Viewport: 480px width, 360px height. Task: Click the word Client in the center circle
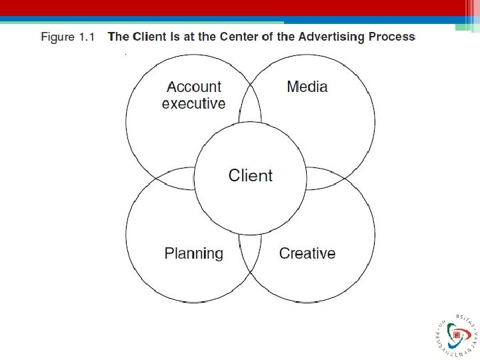click(250, 175)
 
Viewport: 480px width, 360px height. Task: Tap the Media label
click(307, 87)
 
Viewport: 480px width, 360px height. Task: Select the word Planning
click(193, 254)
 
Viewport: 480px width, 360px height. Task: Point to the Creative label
click(307, 253)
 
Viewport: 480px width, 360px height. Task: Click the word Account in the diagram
click(193, 87)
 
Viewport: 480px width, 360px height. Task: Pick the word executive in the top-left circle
click(193, 103)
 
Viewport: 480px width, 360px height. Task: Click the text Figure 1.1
click(67, 37)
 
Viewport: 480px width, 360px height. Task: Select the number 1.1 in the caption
click(87, 37)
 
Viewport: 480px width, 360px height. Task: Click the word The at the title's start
click(119, 37)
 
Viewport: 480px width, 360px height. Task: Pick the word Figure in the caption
click(58, 37)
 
